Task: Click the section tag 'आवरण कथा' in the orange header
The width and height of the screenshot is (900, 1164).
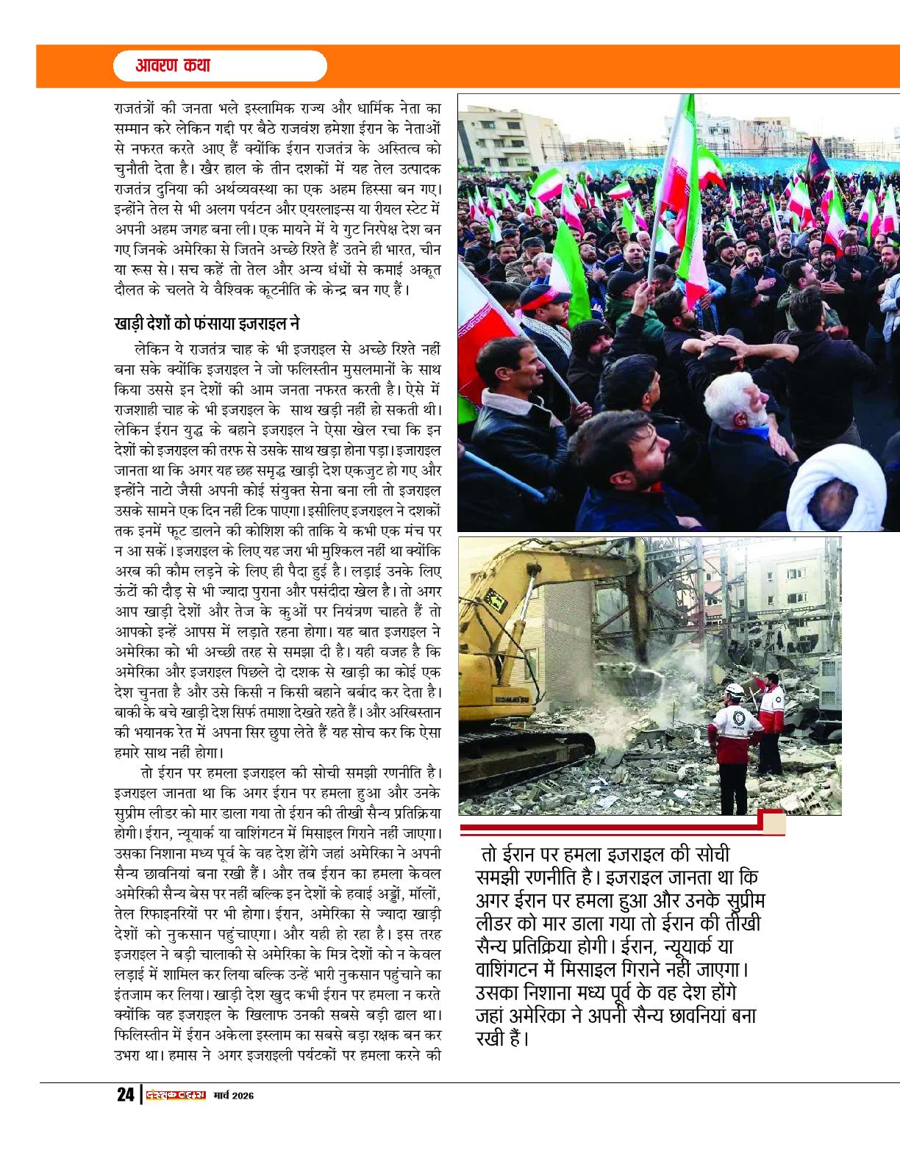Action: pyautogui.click(x=173, y=65)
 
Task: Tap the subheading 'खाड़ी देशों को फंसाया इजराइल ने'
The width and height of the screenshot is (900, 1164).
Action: pyautogui.click(x=207, y=323)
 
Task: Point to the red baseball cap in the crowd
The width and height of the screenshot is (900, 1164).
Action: pyautogui.click(x=545, y=295)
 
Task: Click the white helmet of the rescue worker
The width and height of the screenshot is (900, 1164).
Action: pyautogui.click(x=734, y=691)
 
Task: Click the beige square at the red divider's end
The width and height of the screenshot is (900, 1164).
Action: pyautogui.click(x=774, y=823)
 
